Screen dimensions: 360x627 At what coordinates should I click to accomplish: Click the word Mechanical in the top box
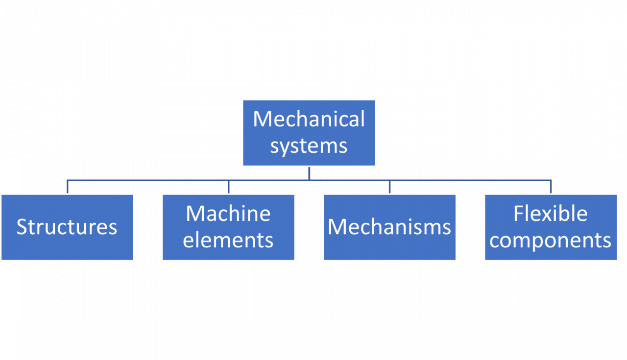(309, 120)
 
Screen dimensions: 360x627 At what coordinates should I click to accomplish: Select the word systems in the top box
(309, 146)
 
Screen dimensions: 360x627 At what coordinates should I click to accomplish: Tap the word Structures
(67, 227)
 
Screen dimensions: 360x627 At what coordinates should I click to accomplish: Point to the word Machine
(228, 214)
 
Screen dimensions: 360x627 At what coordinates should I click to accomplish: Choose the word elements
(228, 240)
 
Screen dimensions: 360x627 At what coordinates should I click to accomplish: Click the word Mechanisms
(389, 227)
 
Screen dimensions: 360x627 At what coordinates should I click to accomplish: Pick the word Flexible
(550, 214)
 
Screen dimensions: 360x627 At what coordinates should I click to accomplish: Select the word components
(550, 240)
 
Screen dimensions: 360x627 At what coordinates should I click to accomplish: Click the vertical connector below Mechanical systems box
(309, 173)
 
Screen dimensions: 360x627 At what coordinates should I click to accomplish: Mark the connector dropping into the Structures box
(68, 187)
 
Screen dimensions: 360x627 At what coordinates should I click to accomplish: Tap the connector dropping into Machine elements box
(229, 187)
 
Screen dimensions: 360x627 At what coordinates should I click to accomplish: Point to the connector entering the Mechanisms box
(389, 187)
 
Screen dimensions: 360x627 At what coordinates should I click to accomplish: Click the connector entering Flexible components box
(551, 187)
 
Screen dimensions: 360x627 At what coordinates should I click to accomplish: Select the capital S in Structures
(23, 227)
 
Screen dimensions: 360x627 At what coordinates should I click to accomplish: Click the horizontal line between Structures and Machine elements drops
(147, 181)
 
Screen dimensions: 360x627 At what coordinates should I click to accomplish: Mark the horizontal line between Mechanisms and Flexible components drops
(470, 181)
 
